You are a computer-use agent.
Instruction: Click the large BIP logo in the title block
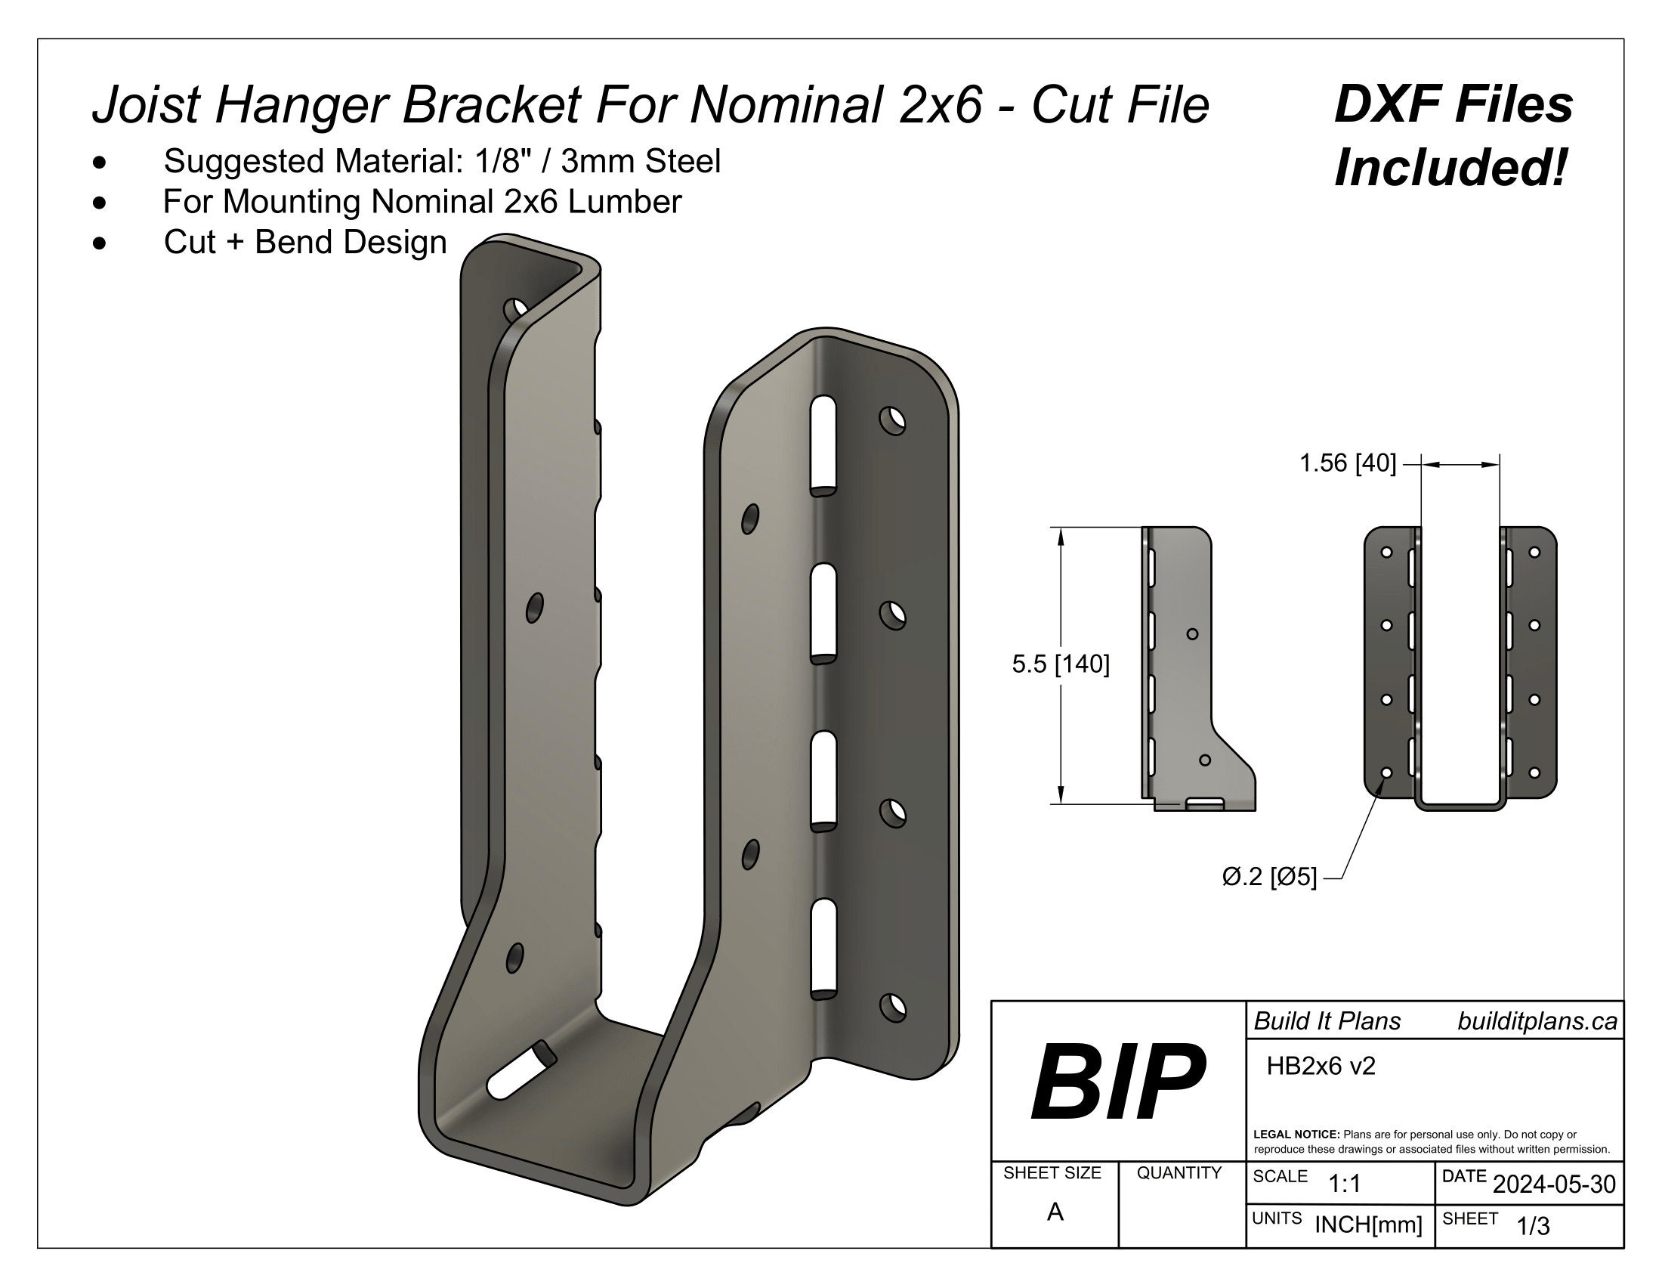(1117, 1082)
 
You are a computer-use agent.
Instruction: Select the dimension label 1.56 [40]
(1347, 463)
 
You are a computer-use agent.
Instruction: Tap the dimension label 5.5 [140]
(1060, 664)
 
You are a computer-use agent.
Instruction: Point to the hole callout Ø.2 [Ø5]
(1268, 877)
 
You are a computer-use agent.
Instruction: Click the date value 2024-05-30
(1553, 1184)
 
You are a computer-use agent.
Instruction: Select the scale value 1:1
(1344, 1184)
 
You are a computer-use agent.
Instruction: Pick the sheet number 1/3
(1533, 1226)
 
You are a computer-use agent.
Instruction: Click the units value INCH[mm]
(1367, 1225)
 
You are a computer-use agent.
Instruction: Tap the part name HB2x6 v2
(1321, 1067)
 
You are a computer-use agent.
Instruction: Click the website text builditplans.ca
(1537, 1022)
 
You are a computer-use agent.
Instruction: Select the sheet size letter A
(1055, 1212)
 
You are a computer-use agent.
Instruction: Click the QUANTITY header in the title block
(1178, 1173)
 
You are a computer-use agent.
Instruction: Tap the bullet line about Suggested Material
(441, 162)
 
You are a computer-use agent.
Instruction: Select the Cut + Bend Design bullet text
(305, 242)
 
